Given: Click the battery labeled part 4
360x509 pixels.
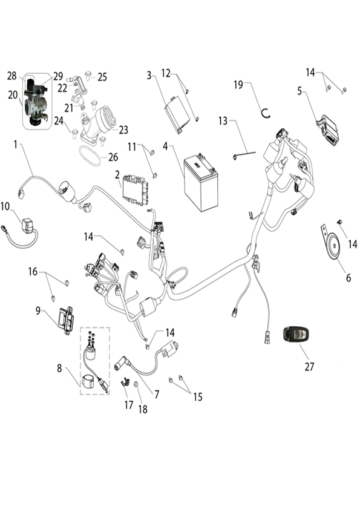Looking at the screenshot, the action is (201, 183).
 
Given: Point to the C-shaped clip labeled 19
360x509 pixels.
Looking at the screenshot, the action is (266, 113).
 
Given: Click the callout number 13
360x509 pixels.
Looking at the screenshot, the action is (223, 121).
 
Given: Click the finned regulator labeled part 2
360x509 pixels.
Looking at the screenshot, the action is (135, 190).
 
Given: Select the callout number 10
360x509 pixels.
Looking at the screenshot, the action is (5, 206).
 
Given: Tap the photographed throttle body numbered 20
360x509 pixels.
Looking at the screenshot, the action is (35, 101).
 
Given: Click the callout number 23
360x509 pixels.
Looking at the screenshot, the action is (123, 130).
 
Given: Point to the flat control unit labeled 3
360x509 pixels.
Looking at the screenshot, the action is (177, 114).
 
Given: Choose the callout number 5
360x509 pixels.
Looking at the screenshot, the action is (299, 91).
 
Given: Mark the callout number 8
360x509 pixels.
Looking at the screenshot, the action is (59, 369).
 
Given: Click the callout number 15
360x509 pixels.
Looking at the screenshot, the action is (198, 396).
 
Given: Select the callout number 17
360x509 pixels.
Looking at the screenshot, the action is (129, 405).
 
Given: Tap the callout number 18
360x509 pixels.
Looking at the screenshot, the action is (143, 409).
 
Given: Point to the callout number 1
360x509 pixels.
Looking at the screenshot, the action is (15, 145).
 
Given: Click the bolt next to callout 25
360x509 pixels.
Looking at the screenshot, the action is (88, 75).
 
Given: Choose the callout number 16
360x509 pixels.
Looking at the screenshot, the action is (33, 271).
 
